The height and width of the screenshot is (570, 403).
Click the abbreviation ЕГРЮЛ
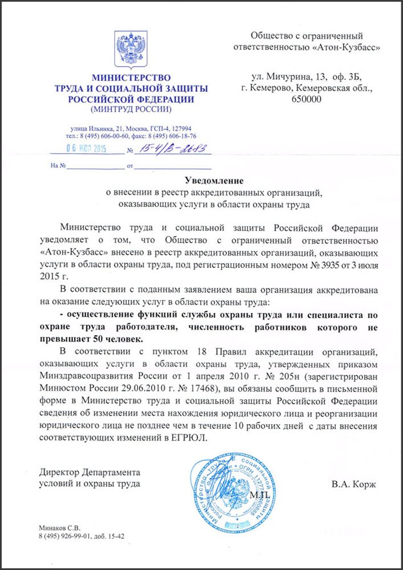191,439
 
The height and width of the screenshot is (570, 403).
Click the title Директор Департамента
89,473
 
